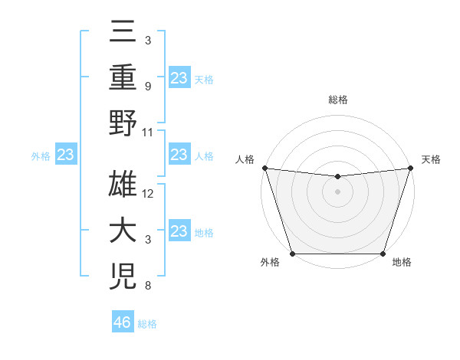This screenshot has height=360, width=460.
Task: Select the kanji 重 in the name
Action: pyautogui.click(x=123, y=80)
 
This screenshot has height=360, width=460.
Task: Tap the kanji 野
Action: pyautogui.click(x=123, y=124)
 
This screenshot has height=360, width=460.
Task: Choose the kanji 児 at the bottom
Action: pyautogui.click(x=123, y=276)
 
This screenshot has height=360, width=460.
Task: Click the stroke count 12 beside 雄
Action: pyautogui.click(x=149, y=194)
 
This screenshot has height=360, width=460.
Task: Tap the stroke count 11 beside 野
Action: pyautogui.click(x=149, y=132)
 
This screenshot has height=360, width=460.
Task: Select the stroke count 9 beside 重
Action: pyautogui.click(x=147, y=86)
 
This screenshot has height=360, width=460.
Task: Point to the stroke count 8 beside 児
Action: pyautogui.click(x=147, y=286)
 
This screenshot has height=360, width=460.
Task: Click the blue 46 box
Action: pyautogui.click(x=123, y=322)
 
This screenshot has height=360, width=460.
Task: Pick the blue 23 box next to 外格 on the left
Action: pyautogui.click(x=66, y=155)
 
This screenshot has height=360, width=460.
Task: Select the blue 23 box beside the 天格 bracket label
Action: pyautogui.click(x=179, y=77)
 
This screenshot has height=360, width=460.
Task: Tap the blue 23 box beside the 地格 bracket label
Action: pyautogui.click(x=179, y=231)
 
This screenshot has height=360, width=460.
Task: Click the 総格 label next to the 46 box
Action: pyautogui.click(x=148, y=323)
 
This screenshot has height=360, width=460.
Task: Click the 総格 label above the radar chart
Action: pyautogui.click(x=337, y=100)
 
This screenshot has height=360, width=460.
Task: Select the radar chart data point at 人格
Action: pyautogui.click(x=264, y=168)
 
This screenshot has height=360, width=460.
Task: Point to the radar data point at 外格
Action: pyautogui.click(x=292, y=254)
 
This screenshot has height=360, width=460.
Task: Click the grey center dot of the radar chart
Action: pyautogui.click(x=337, y=191)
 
